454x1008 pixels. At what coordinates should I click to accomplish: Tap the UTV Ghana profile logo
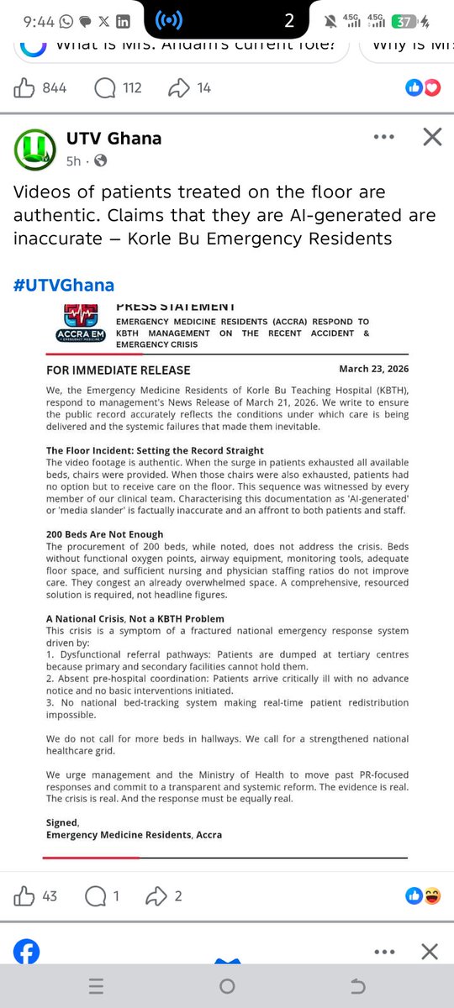[x=34, y=148]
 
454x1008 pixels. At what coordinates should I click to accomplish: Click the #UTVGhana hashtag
[x=63, y=285]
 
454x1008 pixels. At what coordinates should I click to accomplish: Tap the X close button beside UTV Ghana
[x=431, y=137]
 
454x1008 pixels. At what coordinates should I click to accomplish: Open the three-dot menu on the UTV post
[x=383, y=137]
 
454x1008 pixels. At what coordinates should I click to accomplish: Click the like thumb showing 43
[x=24, y=896]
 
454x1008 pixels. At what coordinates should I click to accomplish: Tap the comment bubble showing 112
[x=106, y=87]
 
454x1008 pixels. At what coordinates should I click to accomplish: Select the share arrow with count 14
[x=180, y=87]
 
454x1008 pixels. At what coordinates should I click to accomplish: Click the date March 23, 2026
[x=373, y=369]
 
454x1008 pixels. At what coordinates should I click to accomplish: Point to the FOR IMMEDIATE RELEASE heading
[x=118, y=370]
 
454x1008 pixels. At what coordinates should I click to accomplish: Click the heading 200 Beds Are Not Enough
[x=104, y=534]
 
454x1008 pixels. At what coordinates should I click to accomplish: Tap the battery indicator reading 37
[x=410, y=22]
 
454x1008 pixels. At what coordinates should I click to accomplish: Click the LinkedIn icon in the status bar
[x=123, y=22]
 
